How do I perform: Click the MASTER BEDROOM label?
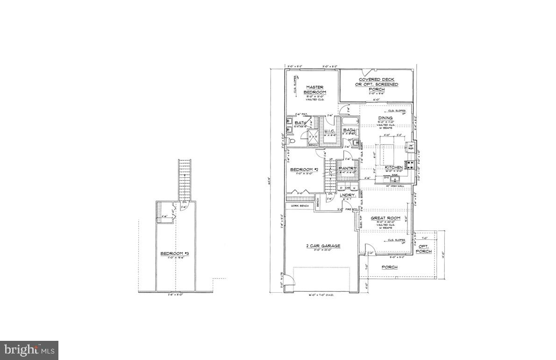tap(315, 89)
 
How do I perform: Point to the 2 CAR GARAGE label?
tap(323, 246)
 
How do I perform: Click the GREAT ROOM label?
tap(385, 218)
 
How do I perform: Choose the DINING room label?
tap(385, 118)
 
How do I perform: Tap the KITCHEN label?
tap(394, 167)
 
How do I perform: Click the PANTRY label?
tap(348, 168)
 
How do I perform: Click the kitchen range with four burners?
tap(411, 164)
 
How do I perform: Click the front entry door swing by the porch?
tap(369, 250)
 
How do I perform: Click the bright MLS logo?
tap(29, 350)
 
